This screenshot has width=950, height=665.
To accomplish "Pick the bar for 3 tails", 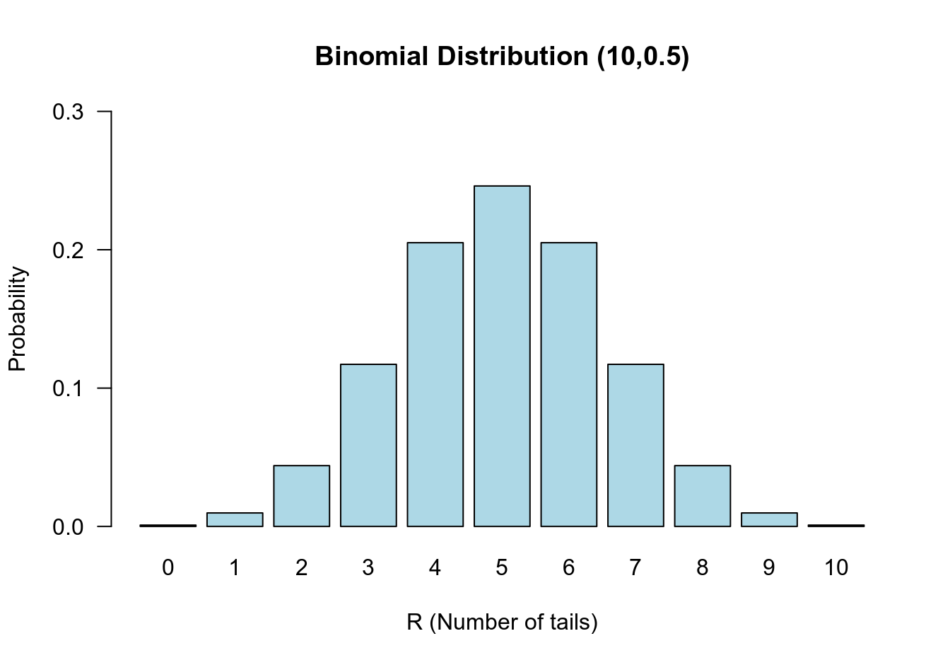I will [368, 445].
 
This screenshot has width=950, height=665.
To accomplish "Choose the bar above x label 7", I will [635, 445].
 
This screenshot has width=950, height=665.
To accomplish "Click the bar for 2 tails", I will [301, 496].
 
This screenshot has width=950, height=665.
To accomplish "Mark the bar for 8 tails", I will [702, 496].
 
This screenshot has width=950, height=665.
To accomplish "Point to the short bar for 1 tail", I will [235, 519].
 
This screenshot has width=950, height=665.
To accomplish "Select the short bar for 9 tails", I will [769, 519].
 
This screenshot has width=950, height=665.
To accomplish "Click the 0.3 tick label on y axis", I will [68, 112].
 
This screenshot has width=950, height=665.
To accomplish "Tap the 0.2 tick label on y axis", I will [68, 250].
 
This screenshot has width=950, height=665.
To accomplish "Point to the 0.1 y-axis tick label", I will [68, 388].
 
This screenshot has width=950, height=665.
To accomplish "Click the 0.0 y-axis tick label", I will [68, 527].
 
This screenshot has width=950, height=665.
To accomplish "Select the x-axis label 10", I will [835, 568].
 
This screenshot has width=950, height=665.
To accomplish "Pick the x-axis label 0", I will [168, 568].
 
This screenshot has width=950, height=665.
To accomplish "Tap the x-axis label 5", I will [502, 568].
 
